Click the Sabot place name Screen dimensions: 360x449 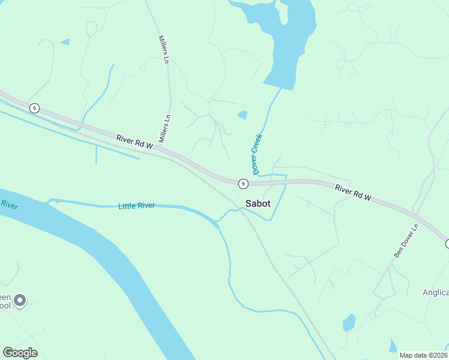click(x=258, y=203)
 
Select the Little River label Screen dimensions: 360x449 click(x=136, y=206)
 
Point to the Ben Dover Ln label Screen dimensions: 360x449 click(x=405, y=242)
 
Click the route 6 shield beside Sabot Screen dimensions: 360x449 click(x=243, y=183)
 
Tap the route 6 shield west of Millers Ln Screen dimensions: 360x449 click(x=35, y=108)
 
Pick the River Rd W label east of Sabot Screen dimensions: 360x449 click(x=354, y=192)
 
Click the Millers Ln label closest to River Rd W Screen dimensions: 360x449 click(x=164, y=128)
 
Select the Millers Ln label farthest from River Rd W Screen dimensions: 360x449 click(x=163, y=49)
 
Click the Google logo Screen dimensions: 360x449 click(x=20, y=352)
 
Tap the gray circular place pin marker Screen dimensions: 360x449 click(x=20, y=300)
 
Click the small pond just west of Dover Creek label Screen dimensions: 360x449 click(x=243, y=115)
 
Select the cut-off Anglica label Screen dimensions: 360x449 click(x=435, y=292)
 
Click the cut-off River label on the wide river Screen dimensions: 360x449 click(x=8, y=205)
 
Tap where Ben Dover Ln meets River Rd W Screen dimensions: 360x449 click(x=415, y=215)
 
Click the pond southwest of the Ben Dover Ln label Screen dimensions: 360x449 click(x=349, y=323)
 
